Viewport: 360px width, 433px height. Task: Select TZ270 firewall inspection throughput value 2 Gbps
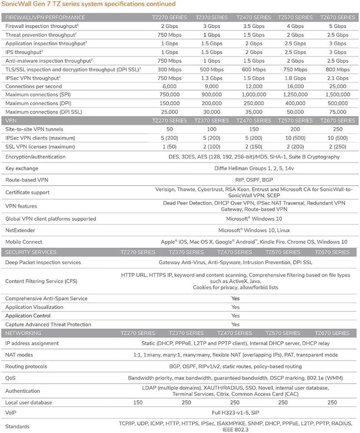[169, 26]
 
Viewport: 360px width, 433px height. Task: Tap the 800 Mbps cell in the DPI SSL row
[337, 69]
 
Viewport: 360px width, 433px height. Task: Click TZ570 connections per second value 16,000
[295, 86]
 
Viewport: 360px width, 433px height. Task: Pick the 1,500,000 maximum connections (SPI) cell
[337, 95]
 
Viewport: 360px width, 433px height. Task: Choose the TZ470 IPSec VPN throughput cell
[254, 78]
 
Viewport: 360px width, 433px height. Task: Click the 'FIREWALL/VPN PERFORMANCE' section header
[45, 17]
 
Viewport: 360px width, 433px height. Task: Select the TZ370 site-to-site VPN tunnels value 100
[211, 129]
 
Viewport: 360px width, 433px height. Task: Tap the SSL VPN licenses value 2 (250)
[337, 147]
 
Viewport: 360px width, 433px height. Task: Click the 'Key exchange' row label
[22, 168]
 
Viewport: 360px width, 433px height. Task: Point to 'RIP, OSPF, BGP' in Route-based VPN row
[254, 180]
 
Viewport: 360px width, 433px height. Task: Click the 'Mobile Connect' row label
[24, 242]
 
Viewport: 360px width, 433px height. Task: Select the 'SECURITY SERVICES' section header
[31, 252]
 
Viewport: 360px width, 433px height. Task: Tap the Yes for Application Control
[235, 316]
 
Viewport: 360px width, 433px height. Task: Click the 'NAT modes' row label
[19, 355]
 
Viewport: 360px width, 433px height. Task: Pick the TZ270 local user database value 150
[138, 403]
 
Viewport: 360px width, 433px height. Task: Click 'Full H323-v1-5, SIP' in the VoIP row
[235, 413]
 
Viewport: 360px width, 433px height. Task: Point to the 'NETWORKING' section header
[23, 333]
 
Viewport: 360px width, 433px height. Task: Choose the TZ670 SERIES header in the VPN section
[337, 121]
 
